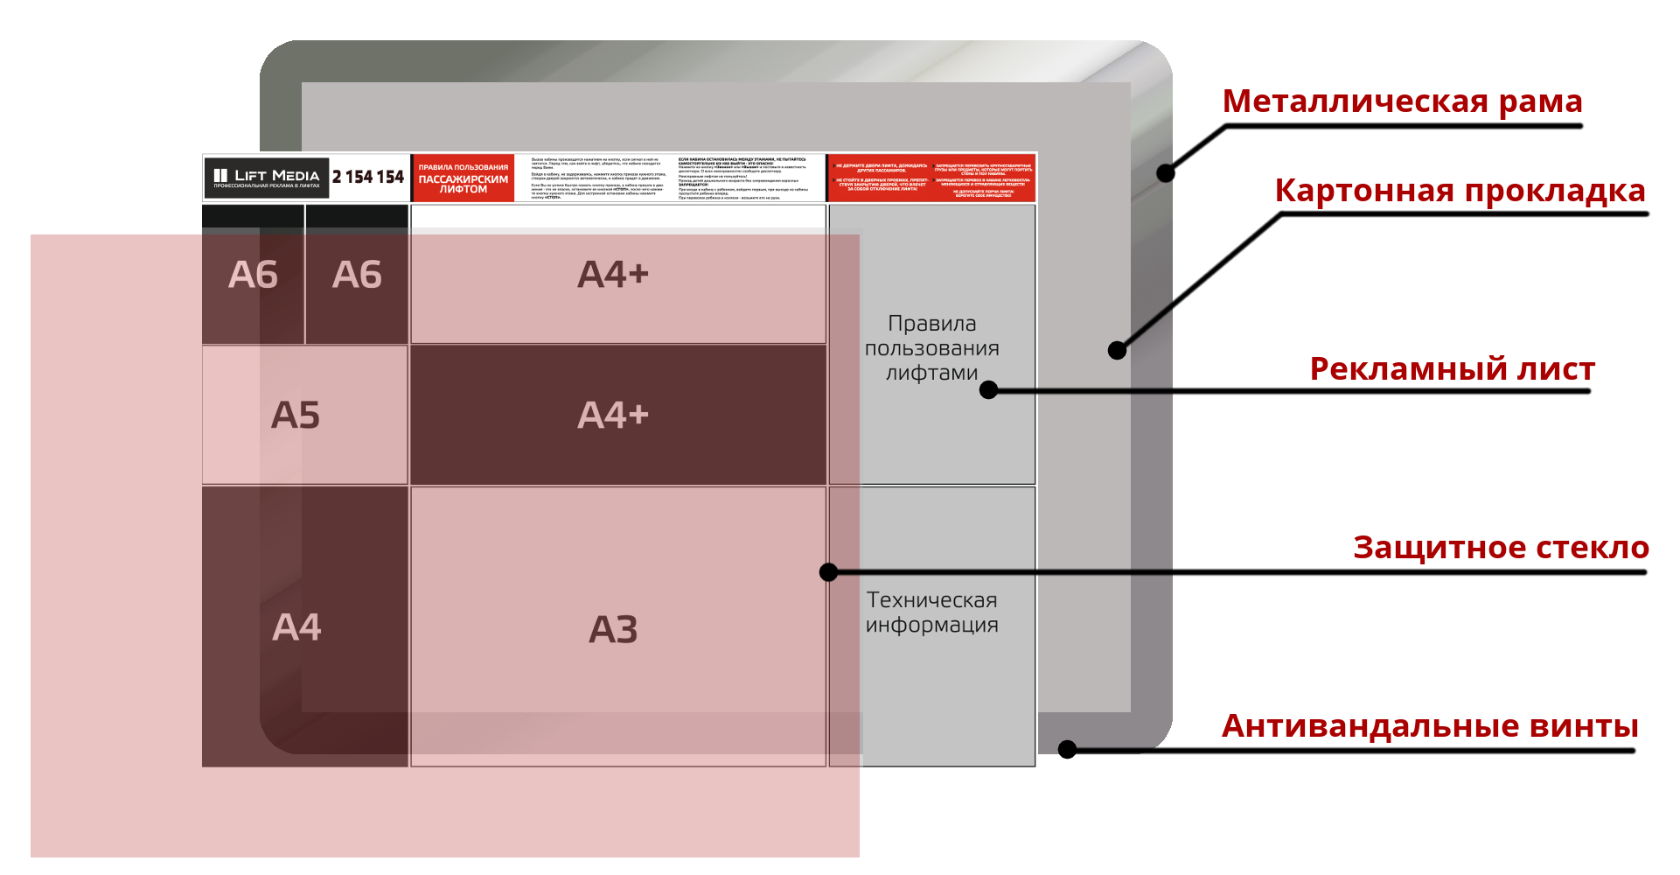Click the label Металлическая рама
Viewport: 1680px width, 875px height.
1402,101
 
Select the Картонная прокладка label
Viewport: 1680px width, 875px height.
1460,191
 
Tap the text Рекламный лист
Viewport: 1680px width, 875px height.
1452,369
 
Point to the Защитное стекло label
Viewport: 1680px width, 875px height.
1500,548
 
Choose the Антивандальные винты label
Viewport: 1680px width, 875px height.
1430,726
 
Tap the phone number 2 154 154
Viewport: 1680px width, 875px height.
367,178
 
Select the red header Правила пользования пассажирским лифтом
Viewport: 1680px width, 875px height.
463,178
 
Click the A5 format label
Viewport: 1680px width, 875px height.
296,416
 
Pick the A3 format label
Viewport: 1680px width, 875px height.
613,630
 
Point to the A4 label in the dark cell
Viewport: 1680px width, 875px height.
296,627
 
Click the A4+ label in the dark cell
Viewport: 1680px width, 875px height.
613,416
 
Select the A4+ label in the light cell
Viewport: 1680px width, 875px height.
613,275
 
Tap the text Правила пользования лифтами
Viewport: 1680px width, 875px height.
931,348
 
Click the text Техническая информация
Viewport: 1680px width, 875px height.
931,612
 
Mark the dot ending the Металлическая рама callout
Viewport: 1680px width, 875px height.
1166,173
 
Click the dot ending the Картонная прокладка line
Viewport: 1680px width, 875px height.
1117,351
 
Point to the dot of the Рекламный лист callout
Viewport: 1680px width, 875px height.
989,390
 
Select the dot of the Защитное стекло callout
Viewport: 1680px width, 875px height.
828,572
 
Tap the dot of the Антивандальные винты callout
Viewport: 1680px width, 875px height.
1067,750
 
